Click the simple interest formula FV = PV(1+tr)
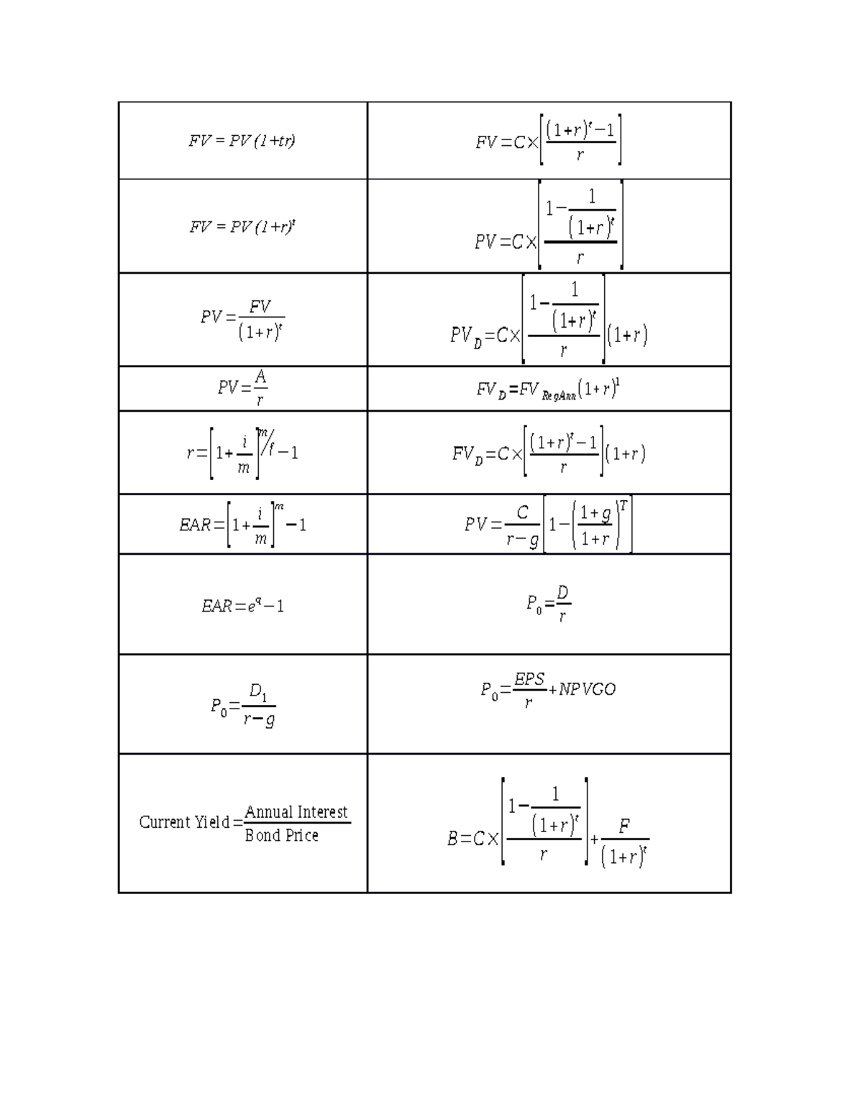(242, 141)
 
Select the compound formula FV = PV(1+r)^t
(242, 227)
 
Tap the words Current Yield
(183, 822)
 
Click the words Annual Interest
(296, 812)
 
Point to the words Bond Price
(281, 836)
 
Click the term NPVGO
(587, 689)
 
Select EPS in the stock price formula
(529, 679)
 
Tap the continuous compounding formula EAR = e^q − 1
(242, 606)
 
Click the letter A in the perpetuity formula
(260, 377)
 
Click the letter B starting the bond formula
(453, 839)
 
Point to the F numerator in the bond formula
(624, 827)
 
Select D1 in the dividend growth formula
(258, 693)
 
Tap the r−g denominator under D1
(259, 719)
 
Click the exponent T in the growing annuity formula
(623, 505)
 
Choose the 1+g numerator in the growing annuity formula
(596, 513)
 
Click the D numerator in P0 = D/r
(562, 593)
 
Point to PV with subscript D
(466, 336)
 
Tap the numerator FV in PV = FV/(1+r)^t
(260, 307)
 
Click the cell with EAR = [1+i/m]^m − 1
(242, 525)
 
